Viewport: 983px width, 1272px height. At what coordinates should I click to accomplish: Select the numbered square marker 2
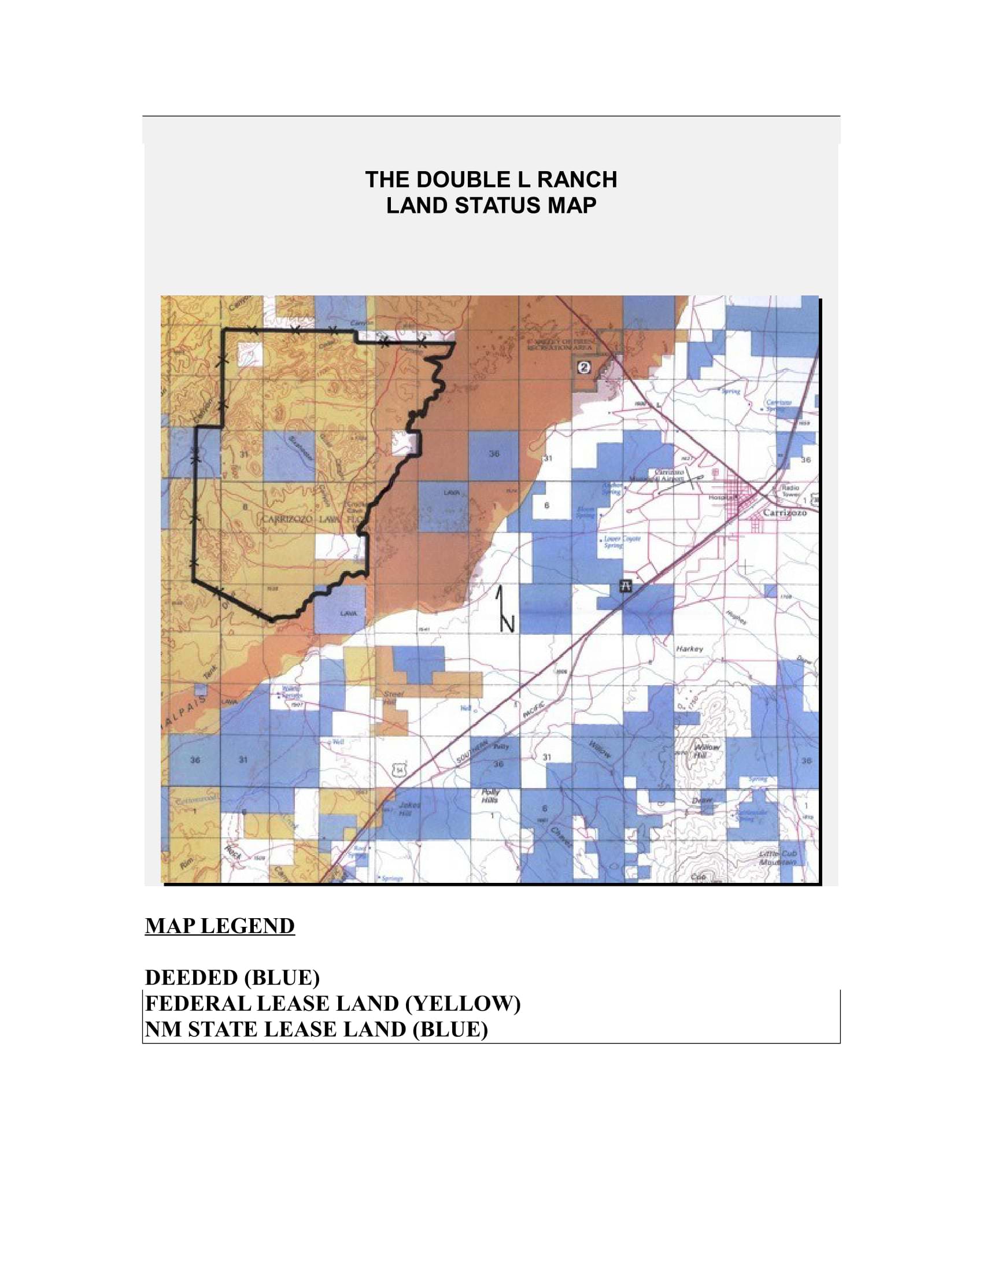pos(584,367)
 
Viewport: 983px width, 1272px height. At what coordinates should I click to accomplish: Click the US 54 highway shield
pos(400,771)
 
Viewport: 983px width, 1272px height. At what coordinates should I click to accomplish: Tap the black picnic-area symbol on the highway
pos(626,585)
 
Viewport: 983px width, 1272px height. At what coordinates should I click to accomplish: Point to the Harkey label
pos(689,648)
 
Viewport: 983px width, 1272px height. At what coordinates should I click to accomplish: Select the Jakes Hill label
pos(408,808)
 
